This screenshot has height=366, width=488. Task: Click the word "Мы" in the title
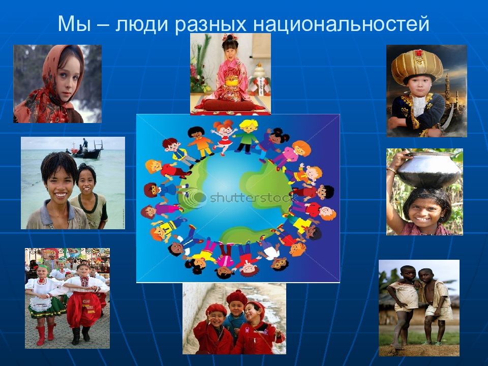[x=74, y=24]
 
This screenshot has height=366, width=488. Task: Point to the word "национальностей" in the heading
[x=341, y=24]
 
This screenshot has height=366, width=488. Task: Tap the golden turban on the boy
[x=417, y=66]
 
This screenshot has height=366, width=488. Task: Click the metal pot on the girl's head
[x=429, y=170]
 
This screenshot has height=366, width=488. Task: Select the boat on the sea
[x=88, y=151]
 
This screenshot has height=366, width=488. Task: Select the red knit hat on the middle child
[x=237, y=297]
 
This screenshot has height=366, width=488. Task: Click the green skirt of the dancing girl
[x=47, y=309]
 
